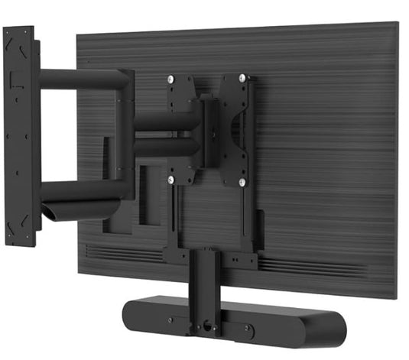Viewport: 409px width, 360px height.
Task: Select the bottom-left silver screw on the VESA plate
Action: click(172, 181)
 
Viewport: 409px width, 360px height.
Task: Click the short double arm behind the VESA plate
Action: click(164, 134)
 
